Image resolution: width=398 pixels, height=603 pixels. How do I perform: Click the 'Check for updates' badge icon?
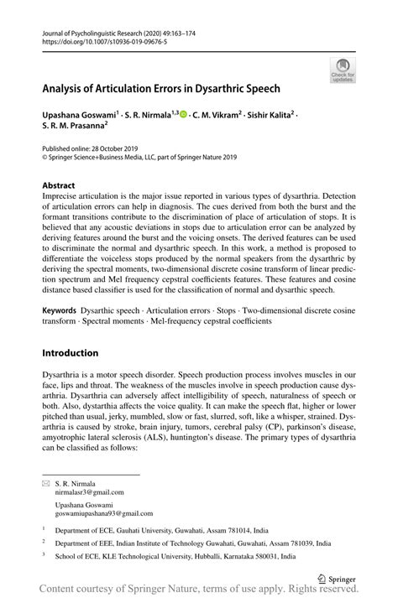coord(343,70)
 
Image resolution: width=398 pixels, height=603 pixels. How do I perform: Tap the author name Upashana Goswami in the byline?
coord(83,112)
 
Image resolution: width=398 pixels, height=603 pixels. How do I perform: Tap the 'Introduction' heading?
coord(71,352)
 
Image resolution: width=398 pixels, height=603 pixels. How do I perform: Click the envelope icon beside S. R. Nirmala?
coord(46,484)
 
